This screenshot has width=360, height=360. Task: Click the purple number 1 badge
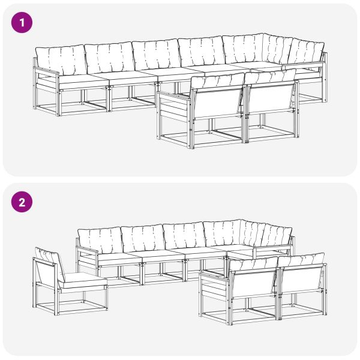point(23,23)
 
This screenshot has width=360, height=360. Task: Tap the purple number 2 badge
point(23,202)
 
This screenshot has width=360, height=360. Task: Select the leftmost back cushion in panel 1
point(61,60)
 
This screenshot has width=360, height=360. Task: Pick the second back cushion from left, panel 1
point(109,58)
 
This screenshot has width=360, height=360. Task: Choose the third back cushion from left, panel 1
point(155,55)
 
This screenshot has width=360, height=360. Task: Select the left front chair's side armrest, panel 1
point(174,108)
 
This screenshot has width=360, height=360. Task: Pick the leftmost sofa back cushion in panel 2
point(99,241)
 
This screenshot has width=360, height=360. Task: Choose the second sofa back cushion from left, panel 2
point(142,238)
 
